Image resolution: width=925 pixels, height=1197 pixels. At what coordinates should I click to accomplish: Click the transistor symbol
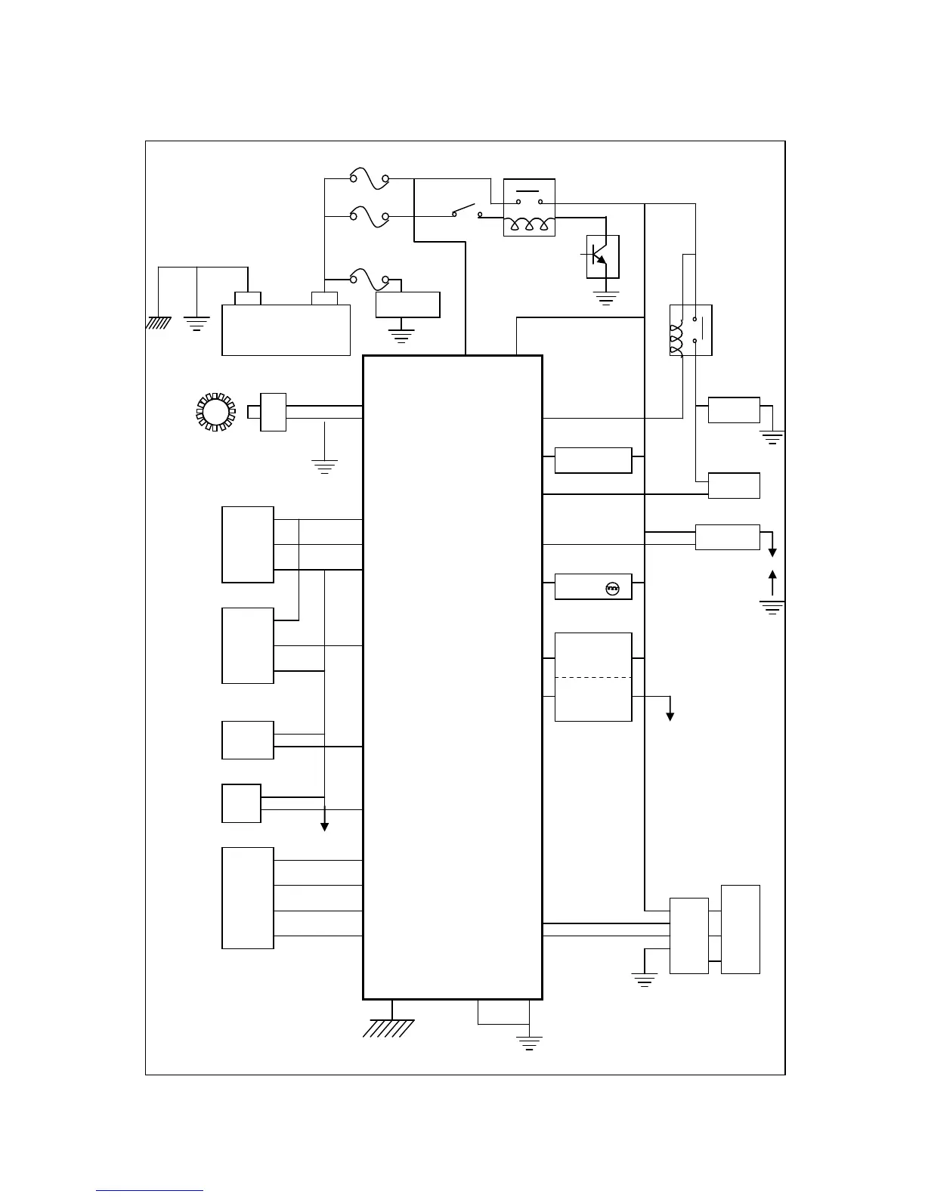click(602, 257)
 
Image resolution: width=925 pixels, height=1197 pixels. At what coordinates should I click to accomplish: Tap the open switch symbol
click(467, 212)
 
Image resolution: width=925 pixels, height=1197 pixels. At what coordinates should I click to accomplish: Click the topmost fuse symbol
click(369, 179)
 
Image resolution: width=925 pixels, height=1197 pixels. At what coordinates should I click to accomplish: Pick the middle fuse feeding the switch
click(369, 217)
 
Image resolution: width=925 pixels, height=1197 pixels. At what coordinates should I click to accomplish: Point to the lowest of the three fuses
click(369, 279)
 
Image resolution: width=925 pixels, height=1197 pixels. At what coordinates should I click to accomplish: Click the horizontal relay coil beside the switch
click(529, 224)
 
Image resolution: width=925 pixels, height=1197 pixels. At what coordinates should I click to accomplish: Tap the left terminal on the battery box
click(248, 298)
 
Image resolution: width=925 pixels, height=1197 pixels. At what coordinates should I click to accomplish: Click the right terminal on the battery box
click(325, 298)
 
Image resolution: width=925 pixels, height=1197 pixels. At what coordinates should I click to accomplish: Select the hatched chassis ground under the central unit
click(389, 1028)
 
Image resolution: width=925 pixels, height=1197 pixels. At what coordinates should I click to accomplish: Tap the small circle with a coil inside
click(614, 588)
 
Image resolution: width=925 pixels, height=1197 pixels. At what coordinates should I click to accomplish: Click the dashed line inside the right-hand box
click(593, 678)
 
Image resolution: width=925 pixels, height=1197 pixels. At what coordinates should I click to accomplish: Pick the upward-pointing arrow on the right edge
click(772, 582)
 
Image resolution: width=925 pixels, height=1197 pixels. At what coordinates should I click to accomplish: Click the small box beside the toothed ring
click(273, 412)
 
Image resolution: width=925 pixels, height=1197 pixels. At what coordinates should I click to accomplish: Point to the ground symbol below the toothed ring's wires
click(324, 466)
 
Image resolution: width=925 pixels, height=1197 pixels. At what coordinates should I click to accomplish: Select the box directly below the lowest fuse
click(408, 305)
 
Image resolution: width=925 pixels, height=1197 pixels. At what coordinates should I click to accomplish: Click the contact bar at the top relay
click(529, 190)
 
